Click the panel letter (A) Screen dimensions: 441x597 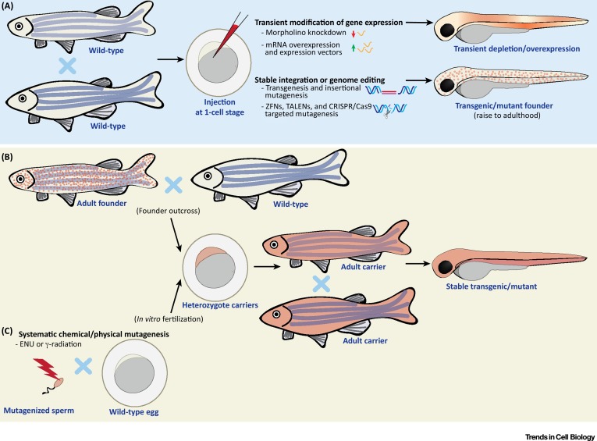point(12,9)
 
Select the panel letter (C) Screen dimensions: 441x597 point(12,330)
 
